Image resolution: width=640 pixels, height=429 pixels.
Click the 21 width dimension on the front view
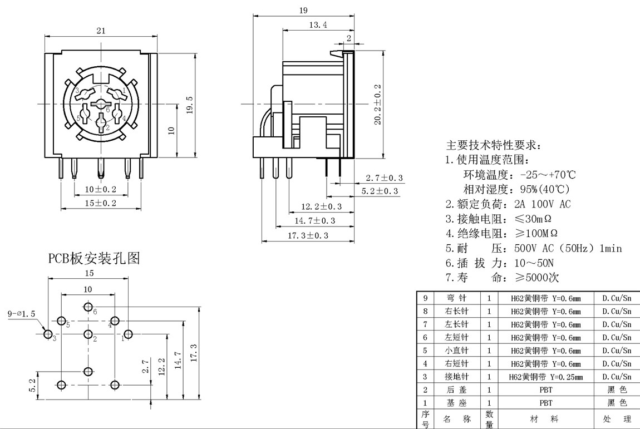pos(101,31)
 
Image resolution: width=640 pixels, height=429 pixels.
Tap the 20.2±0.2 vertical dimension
pos(378,105)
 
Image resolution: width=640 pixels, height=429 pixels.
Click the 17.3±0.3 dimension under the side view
pos(308,236)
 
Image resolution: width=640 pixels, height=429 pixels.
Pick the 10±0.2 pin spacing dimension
pos(100,189)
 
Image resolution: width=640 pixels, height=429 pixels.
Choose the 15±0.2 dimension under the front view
pos(100,203)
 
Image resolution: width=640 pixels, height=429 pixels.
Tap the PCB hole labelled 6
pos(88,307)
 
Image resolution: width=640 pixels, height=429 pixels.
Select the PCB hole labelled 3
pos(48,334)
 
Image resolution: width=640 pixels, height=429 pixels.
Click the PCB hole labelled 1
pos(128,334)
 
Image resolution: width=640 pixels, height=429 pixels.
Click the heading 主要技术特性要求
pos(493,145)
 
